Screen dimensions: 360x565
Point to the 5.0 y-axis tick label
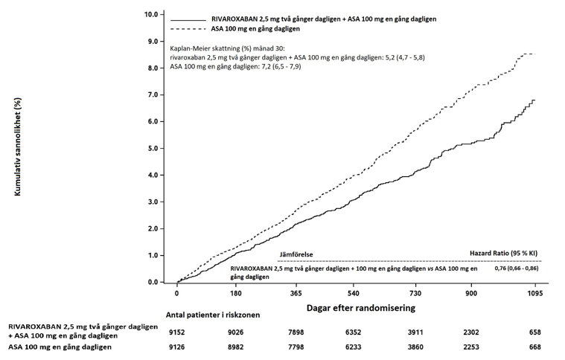[x=152, y=148]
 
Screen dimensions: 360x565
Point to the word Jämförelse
[x=296, y=254]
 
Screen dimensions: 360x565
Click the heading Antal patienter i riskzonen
[x=209, y=315]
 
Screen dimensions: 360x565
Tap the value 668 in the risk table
[x=534, y=347]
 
